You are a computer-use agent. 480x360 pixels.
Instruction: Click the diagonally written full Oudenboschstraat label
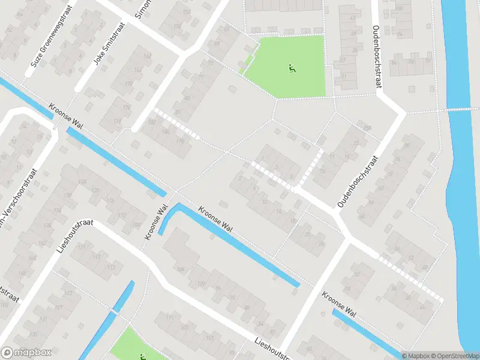[358, 182]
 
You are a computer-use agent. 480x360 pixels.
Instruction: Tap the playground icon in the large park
[292, 68]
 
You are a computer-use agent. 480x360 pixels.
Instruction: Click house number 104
[181, 269]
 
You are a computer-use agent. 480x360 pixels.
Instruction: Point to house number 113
[111, 266]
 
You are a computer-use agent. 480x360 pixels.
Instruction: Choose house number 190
[179, 141]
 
